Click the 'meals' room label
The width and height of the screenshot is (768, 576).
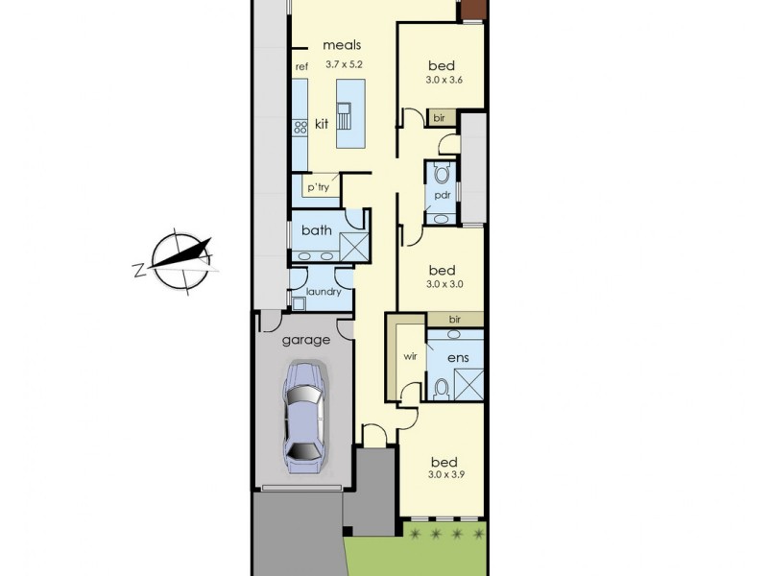coord(341,45)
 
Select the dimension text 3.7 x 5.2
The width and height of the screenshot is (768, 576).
coord(345,63)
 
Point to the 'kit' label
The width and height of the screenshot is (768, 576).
coord(321,124)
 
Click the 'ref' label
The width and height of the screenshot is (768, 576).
coord(301,66)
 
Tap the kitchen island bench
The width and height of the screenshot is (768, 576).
coord(350,113)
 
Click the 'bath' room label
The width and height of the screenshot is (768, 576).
coord(316,230)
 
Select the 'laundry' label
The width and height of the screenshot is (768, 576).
coord(323,292)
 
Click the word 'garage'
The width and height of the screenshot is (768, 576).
coord(305,340)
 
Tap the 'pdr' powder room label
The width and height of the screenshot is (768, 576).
coord(442,196)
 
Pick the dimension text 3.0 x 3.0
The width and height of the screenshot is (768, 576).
coord(444,284)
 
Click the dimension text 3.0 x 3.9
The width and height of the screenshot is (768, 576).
coord(444,474)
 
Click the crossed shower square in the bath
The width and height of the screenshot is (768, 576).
coord(354,247)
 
